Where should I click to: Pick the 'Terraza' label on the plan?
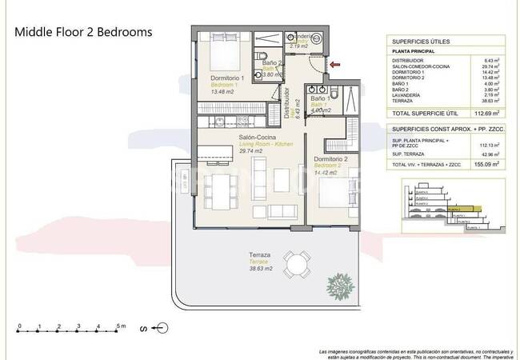(261, 255)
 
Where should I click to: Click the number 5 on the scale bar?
(117, 326)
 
